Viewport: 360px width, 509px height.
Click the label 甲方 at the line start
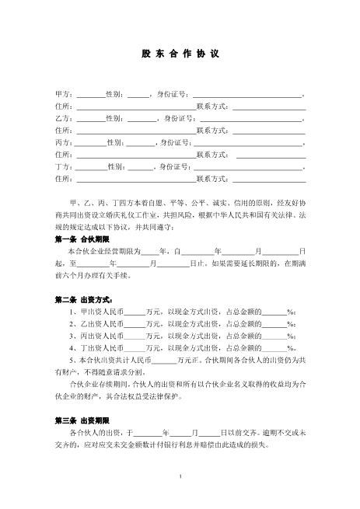(61, 94)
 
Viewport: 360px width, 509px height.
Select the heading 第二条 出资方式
(86, 299)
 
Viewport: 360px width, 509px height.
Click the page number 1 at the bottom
(180, 476)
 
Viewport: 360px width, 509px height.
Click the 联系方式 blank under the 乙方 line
(268, 131)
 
